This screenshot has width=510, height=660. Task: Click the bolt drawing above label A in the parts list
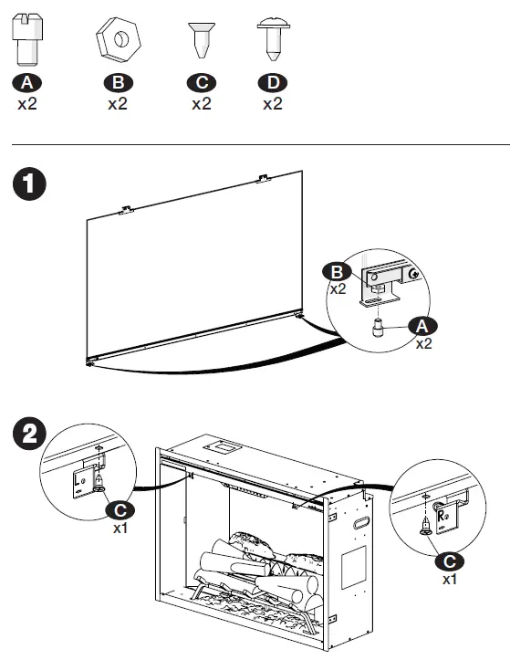pyautogui.click(x=28, y=40)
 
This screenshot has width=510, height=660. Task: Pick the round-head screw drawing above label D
pyautogui.click(x=272, y=39)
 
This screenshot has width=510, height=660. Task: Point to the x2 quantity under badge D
pyautogui.click(x=272, y=104)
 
